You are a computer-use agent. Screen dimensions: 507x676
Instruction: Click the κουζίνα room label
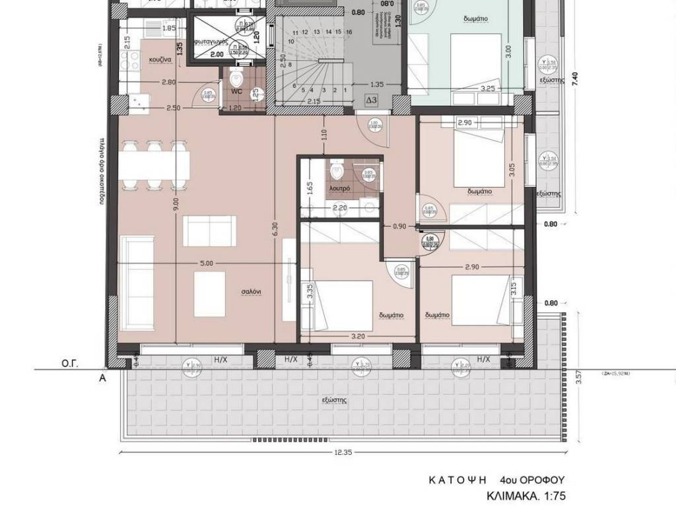[x=160, y=59]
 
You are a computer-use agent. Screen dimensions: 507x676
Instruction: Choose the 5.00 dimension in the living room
[x=205, y=263]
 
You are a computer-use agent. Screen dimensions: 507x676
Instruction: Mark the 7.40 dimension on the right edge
[x=576, y=77]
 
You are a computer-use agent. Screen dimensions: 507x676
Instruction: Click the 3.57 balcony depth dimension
[x=579, y=378]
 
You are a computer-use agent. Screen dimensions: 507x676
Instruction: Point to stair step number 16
[x=347, y=32]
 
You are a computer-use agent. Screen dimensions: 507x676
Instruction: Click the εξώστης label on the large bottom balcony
[x=335, y=400]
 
